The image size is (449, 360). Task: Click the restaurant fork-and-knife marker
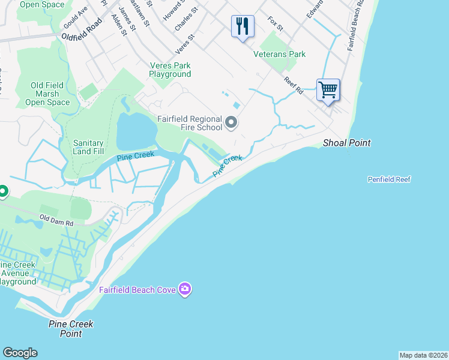[x=243, y=26]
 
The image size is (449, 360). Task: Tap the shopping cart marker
[x=328, y=91]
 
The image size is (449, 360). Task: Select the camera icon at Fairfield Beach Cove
[x=185, y=290]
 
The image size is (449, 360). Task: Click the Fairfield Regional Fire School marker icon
[x=231, y=124]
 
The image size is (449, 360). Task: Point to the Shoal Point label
[x=346, y=143]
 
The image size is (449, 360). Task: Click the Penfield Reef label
[x=389, y=179]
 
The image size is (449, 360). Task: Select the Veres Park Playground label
[x=170, y=70]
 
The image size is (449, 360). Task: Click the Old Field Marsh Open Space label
[x=47, y=94]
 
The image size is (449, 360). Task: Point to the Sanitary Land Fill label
[x=88, y=148]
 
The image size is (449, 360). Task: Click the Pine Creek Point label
[x=71, y=329]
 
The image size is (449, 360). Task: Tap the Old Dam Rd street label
[x=56, y=219]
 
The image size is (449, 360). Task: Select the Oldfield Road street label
[x=82, y=30]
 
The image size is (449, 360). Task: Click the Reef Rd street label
[x=294, y=85]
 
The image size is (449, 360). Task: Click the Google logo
[x=20, y=353]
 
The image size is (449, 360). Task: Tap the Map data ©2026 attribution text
[x=423, y=355]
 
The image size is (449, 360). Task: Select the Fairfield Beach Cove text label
[x=137, y=290]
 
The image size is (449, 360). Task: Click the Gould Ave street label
[x=76, y=20]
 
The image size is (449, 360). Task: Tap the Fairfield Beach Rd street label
[x=356, y=25]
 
